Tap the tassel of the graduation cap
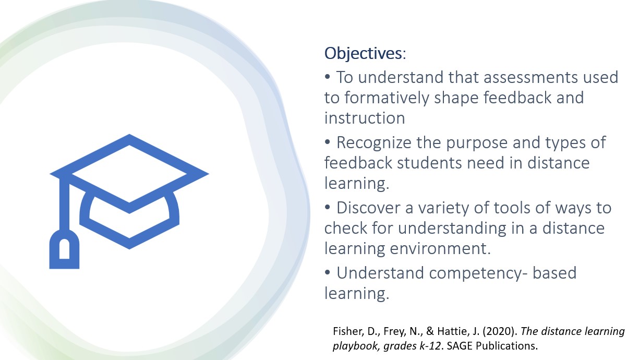65,249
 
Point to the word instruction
365,118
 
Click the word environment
440,248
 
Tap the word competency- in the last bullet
478,273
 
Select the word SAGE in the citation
460,346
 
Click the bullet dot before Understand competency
327,272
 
